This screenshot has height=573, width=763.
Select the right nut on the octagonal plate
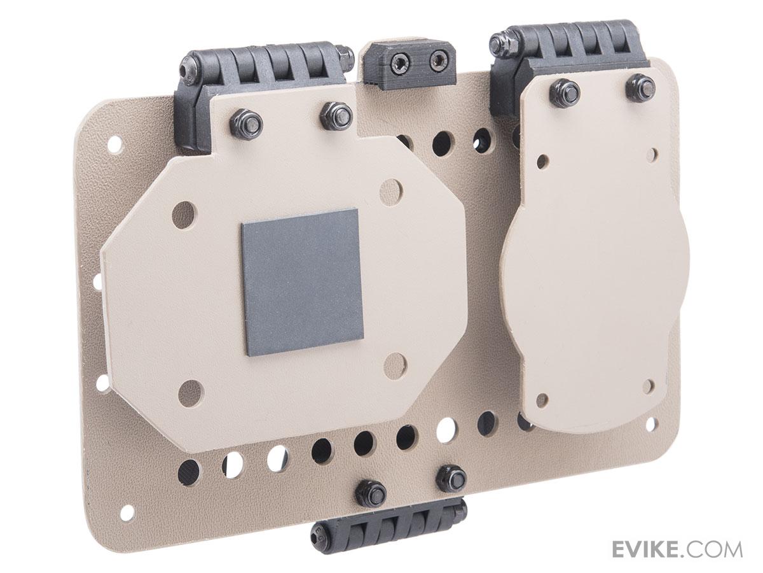pos(336,114)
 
